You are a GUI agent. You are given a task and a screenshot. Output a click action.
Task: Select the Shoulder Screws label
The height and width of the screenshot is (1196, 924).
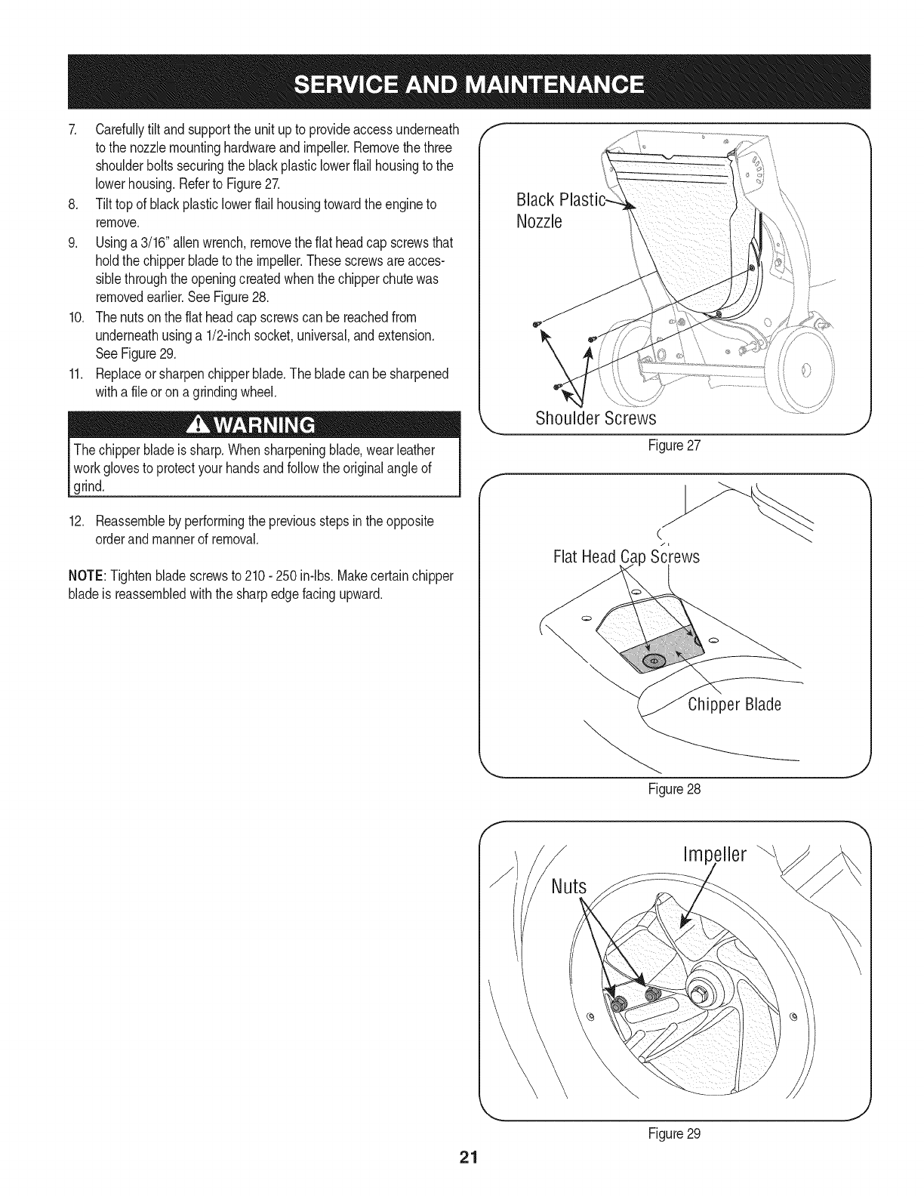(x=596, y=418)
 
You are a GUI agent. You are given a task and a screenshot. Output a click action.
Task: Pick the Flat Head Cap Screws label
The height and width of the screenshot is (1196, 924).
(x=626, y=557)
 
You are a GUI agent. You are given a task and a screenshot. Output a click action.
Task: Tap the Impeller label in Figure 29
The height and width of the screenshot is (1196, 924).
(x=713, y=855)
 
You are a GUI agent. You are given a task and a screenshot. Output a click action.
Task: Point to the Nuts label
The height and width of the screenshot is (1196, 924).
(x=568, y=886)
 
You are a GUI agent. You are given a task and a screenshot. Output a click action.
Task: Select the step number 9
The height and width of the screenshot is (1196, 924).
(x=72, y=242)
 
